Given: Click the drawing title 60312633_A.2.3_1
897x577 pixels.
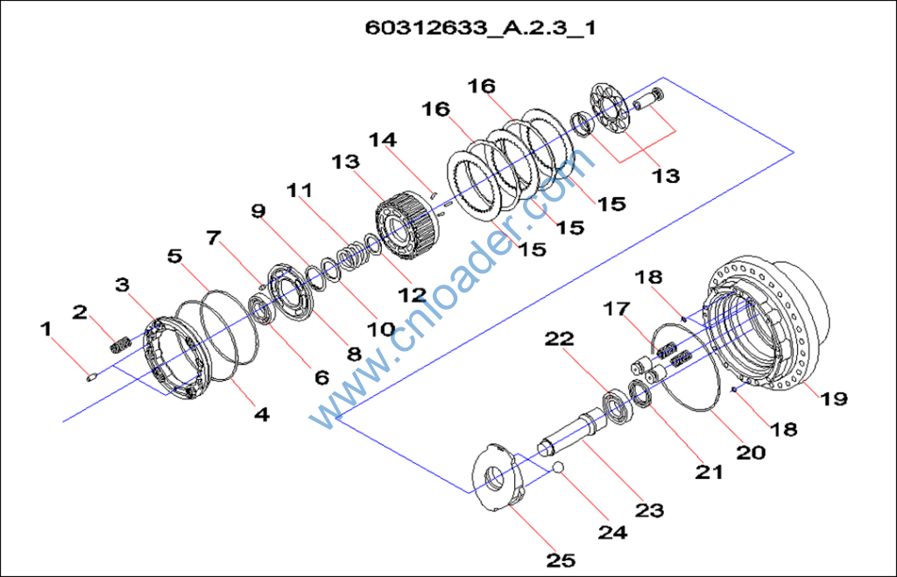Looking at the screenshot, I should pyautogui.click(x=481, y=27).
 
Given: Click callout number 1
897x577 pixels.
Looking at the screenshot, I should pyautogui.click(x=46, y=329).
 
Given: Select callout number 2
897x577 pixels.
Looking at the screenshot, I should pyautogui.click(x=81, y=312).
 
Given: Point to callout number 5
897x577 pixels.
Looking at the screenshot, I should pyautogui.click(x=175, y=257).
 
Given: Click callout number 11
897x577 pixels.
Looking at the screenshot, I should pyautogui.click(x=299, y=190).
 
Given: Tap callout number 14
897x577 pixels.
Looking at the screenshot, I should pyautogui.click(x=383, y=139).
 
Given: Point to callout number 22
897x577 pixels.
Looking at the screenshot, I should pyautogui.click(x=560, y=338).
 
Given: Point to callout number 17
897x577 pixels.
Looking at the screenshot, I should pyautogui.click(x=617, y=309).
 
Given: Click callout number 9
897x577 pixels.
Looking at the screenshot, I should pyautogui.click(x=258, y=211).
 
